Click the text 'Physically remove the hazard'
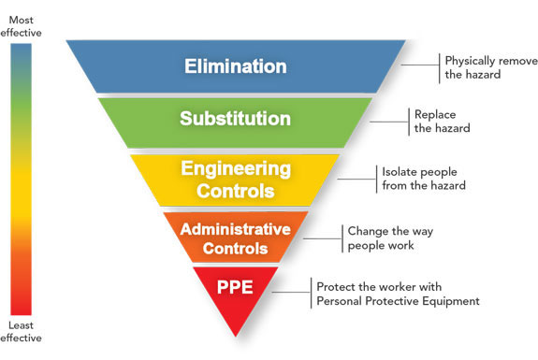click(490, 67)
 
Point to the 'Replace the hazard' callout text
click(442, 121)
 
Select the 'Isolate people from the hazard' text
click(423, 179)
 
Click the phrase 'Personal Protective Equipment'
click(398, 301)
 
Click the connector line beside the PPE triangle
click(295, 294)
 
